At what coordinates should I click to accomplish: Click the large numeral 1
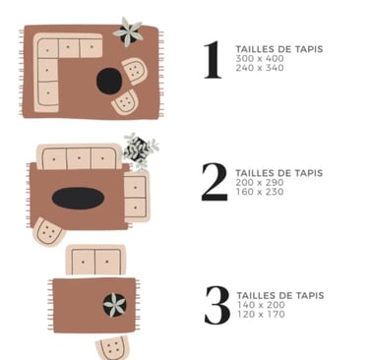[x=213, y=59]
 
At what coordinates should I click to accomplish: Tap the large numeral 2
[x=215, y=182]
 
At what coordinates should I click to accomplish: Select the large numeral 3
[x=217, y=305]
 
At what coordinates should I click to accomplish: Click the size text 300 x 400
[x=260, y=59]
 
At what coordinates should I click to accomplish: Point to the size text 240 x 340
[x=260, y=68]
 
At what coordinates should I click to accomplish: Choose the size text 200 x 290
[x=260, y=182]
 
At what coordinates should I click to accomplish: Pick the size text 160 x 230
[x=260, y=192]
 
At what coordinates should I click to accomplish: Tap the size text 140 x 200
[x=261, y=305]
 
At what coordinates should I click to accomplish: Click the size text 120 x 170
[x=261, y=314]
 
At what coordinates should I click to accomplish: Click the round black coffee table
[x=109, y=81]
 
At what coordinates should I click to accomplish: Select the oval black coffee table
[x=78, y=198]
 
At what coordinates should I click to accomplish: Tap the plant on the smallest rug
[x=115, y=305]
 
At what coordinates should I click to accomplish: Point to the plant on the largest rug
[x=129, y=32]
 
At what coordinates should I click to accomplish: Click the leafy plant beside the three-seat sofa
[x=140, y=150]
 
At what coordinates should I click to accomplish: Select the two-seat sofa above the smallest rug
[x=95, y=260]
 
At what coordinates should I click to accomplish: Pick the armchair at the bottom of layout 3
[x=113, y=348]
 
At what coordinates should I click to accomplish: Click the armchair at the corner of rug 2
[x=48, y=232]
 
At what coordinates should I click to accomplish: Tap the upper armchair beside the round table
[x=134, y=71]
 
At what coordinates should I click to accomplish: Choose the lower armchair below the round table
[x=124, y=102]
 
